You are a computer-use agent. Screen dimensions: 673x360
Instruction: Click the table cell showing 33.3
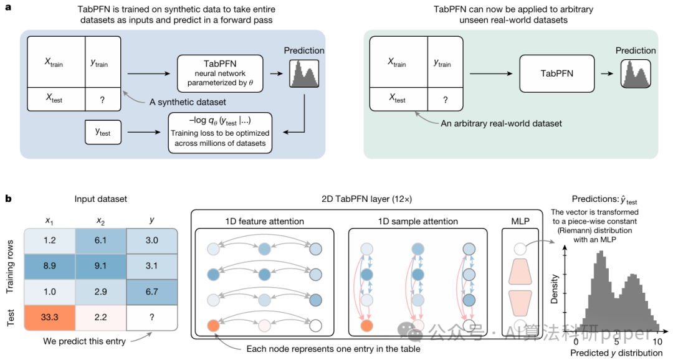click(49, 318)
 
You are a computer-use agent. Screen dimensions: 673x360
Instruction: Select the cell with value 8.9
click(49, 266)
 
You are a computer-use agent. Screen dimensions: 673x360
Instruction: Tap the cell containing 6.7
click(151, 291)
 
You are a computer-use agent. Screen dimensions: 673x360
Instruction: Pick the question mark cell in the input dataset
click(151, 318)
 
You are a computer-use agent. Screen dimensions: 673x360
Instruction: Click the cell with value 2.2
click(100, 318)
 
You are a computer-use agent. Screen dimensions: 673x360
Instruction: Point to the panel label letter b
click(8, 199)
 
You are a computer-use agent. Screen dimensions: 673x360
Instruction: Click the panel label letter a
click(8, 7)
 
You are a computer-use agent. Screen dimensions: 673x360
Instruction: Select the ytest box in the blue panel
click(103, 132)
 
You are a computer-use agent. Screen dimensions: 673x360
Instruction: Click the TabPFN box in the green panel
click(556, 73)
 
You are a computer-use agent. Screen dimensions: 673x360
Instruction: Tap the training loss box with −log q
click(220, 133)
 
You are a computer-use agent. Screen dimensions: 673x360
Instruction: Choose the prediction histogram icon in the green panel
click(636, 73)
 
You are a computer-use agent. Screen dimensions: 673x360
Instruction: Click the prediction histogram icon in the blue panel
click(304, 73)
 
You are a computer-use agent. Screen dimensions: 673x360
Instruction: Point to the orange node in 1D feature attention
click(213, 325)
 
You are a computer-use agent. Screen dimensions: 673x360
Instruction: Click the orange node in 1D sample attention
click(366, 325)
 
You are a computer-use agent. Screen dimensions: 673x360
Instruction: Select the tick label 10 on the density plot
click(657, 341)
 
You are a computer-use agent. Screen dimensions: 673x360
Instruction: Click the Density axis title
click(554, 289)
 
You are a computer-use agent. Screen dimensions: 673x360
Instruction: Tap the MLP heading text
click(520, 221)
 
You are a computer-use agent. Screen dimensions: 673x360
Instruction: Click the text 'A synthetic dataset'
click(188, 102)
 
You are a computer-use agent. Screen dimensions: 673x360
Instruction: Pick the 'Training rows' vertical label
click(11, 267)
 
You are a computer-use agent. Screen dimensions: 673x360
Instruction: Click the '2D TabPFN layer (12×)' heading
click(366, 199)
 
